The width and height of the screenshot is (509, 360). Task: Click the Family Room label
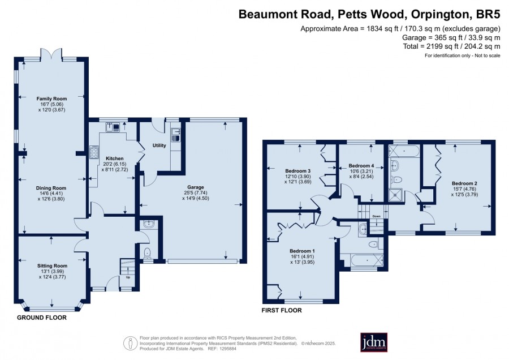(51, 98)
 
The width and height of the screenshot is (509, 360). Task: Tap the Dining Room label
(51, 188)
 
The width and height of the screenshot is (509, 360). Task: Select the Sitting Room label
(52, 266)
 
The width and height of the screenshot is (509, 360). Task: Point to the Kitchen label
(115, 158)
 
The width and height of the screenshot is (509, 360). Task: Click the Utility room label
(159, 145)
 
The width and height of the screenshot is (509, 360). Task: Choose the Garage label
(196, 187)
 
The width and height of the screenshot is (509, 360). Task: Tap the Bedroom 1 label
(302, 251)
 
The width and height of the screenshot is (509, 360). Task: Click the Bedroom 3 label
(298, 171)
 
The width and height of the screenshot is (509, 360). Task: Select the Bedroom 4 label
(361, 166)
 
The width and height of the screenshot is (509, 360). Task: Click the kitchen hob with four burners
(94, 152)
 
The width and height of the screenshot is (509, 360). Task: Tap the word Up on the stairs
(128, 277)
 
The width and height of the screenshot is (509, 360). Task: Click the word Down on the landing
(376, 216)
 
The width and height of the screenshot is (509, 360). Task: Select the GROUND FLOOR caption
(41, 318)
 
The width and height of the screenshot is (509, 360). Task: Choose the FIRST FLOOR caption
(282, 310)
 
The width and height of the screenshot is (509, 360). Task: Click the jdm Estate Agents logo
(374, 342)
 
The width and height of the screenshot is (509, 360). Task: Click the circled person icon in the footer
(130, 343)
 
